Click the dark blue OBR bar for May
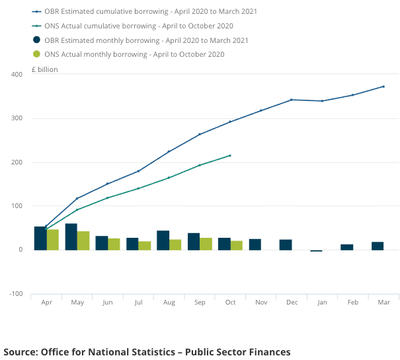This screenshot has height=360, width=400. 71,236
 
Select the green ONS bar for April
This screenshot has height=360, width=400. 53,240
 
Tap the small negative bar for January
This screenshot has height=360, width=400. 316,251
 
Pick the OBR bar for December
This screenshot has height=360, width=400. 286,244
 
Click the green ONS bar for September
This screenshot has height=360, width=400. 206,244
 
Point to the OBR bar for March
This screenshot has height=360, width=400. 378,246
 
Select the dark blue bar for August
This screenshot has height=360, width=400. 163,240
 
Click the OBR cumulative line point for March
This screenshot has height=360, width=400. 383,87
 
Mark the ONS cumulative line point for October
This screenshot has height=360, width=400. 230,155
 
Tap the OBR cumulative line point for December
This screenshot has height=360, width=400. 292,100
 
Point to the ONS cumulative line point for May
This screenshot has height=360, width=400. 77,209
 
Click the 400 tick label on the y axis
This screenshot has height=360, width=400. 17,75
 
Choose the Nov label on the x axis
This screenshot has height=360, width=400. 261,302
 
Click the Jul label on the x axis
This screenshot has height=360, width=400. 138,302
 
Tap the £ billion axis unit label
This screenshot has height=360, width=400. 45,69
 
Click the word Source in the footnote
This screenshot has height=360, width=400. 21,351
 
